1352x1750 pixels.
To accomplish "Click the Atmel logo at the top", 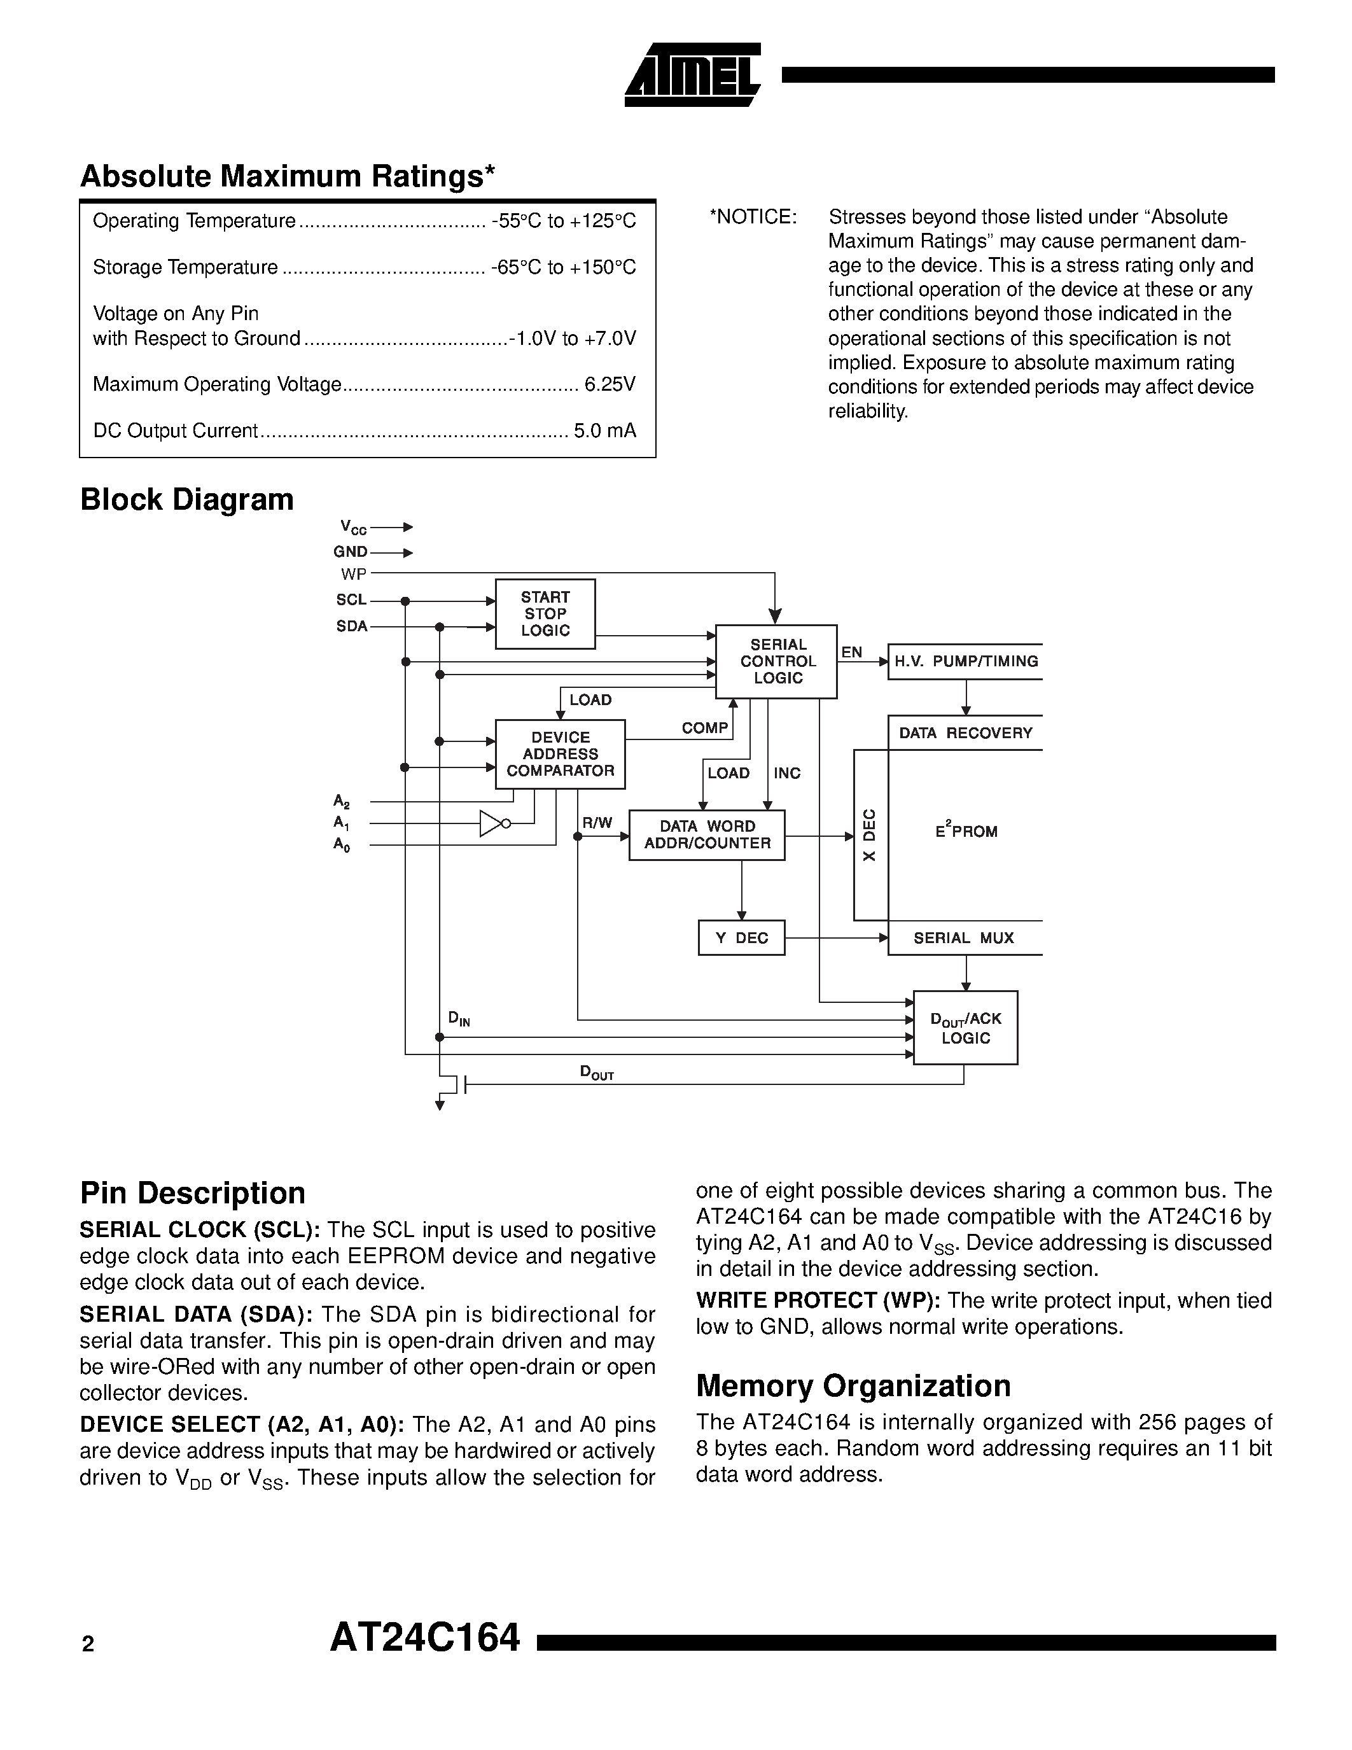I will click(x=692, y=75).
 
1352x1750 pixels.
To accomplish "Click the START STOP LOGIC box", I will click(x=545, y=614).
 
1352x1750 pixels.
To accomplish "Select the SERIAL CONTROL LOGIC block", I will click(x=776, y=661).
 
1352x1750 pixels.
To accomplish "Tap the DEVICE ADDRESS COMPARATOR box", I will click(x=560, y=754).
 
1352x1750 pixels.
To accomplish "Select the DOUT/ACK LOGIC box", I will click(x=965, y=1027).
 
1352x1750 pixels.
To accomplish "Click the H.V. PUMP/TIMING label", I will click(x=965, y=661).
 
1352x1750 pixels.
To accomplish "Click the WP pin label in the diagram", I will click(x=353, y=574).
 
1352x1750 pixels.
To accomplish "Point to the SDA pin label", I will click(x=352, y=627).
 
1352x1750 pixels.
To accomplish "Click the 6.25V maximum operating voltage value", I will click(x=610, y=384).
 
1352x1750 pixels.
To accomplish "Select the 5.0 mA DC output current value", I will click(x=604, y=431).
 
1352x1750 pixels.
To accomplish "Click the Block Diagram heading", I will click(x=186, y=499).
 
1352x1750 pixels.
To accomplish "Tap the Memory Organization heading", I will click(x=853, y=1385).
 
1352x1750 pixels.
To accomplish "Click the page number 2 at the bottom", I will click(x=88, y=1644).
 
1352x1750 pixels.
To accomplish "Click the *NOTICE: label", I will click(x=753, y=217).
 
